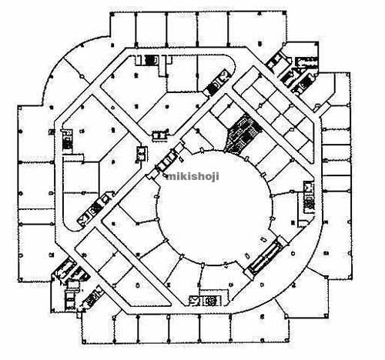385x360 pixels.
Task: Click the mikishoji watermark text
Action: point(192,177)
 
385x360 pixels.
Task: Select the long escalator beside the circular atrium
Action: point(265,255)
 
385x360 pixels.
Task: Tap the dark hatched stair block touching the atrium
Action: point(242,134)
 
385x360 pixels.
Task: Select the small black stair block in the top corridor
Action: point(151,61)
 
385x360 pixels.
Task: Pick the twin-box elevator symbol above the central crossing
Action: point(159,135)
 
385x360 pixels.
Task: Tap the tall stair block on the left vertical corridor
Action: point(68,140)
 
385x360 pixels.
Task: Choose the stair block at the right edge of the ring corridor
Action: point(309,197)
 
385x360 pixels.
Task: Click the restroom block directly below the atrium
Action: point(205,301)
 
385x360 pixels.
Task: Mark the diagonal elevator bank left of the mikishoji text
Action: point(167,161)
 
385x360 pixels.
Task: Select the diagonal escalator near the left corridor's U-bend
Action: point(94,209)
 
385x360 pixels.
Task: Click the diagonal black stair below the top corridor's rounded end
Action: point(218,82)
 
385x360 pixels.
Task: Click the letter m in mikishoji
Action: point(170,177)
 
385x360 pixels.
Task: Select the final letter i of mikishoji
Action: point(218,177)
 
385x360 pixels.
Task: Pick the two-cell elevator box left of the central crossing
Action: point(142,154)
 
